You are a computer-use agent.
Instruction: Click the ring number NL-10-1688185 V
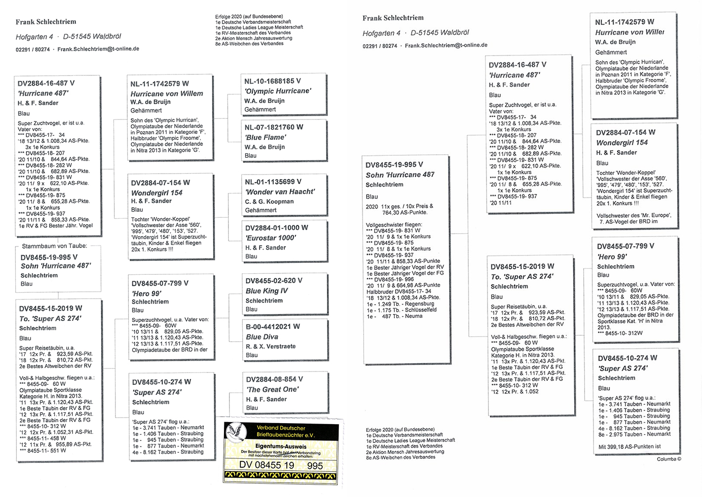tap(272, 81)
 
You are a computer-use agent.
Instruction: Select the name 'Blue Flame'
tap(265, 137)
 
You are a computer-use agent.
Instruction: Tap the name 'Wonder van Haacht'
tap(280, 192)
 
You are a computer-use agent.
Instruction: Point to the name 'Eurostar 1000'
tap(270, 238)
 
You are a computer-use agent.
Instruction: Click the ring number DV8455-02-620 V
tap(273, 281)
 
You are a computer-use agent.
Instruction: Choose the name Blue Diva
tap(262, 337)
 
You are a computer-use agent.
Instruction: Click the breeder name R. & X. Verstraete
tap(270, 346)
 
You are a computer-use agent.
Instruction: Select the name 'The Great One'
tap(272, 389)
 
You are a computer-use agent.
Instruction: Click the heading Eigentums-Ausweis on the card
tap(281, 446)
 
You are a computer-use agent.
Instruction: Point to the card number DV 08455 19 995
tap(280, 465)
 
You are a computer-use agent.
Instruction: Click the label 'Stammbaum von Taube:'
tap(54, 246)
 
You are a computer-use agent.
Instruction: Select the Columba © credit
tap(669, 459)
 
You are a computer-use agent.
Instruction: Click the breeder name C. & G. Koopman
tap(269, 201)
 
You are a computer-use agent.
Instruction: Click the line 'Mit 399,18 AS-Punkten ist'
tap(629, 446)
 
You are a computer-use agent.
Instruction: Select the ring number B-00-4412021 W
tap(272, 327)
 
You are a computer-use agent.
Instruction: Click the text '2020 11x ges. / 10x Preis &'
tap(399, 206)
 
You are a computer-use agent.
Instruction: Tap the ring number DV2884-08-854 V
tap(274, 379)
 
